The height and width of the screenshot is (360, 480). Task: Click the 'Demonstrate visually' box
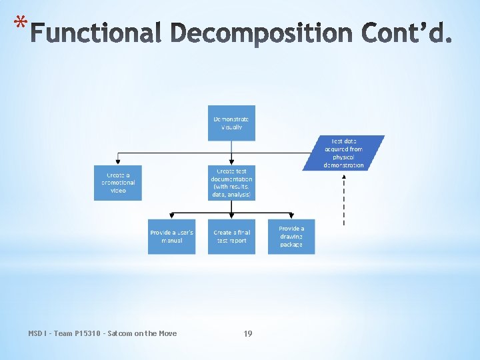coord(231,123)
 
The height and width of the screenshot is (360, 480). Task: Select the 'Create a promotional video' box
coord(118,182)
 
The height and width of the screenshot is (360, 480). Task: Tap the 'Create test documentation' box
coord(231,182)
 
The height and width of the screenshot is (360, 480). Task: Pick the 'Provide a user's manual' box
coord(171,236)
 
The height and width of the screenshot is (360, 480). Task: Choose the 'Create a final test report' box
coord(231,236)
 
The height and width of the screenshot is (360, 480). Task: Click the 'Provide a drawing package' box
coord(291,236)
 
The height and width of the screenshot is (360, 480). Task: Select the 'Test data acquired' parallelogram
coord(344,153)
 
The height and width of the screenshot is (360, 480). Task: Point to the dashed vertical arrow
coord(344,200)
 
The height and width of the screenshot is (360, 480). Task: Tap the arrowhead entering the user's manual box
coord(171,216)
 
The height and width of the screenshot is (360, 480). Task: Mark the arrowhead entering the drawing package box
coord(291,216)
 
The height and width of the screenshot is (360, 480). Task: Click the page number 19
coord(248,333)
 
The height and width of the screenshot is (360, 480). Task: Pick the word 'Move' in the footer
coord(167,333)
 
